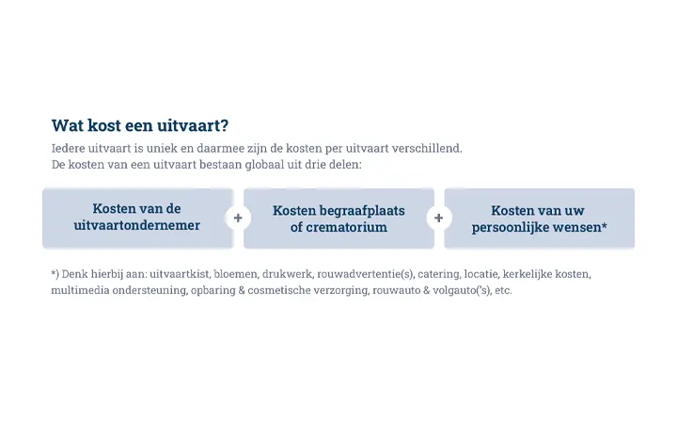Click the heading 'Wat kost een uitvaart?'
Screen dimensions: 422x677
(x=139, y=125)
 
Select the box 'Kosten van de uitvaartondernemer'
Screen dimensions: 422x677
(x=137, y=218)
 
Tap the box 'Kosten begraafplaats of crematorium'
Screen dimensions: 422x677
(x=338, y=219)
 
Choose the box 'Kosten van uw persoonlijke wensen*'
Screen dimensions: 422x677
(x=539, y=219)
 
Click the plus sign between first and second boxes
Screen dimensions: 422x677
(x=238, y=219)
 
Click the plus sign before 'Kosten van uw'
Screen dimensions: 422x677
(x=438, y=219)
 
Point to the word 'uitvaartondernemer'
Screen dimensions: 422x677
(x=137, y=226)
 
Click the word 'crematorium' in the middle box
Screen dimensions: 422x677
(x=346, y=227)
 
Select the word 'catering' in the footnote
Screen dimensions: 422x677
(x=438, y=274)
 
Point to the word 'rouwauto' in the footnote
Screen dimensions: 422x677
(x=396, y=290)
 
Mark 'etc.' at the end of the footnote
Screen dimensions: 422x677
(x=502, y=290)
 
